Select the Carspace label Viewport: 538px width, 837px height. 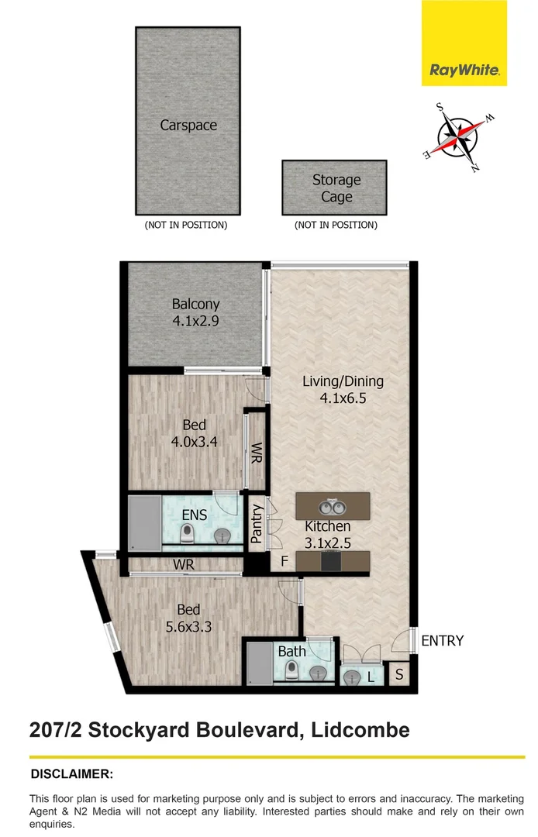(188, 125)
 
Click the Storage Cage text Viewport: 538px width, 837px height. (336, 188)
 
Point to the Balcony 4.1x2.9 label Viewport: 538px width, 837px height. (195, 312)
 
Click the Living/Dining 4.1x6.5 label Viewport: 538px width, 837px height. (343, 389)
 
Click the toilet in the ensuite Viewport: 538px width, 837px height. (187, 535)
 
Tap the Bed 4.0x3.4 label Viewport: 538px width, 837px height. (195, 432)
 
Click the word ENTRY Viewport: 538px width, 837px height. (442, 641)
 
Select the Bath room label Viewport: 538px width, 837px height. (292, 652)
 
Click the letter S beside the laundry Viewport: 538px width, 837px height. (399, 675)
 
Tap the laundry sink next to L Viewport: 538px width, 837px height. (353, 677)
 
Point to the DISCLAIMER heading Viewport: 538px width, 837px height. (71, 773)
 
